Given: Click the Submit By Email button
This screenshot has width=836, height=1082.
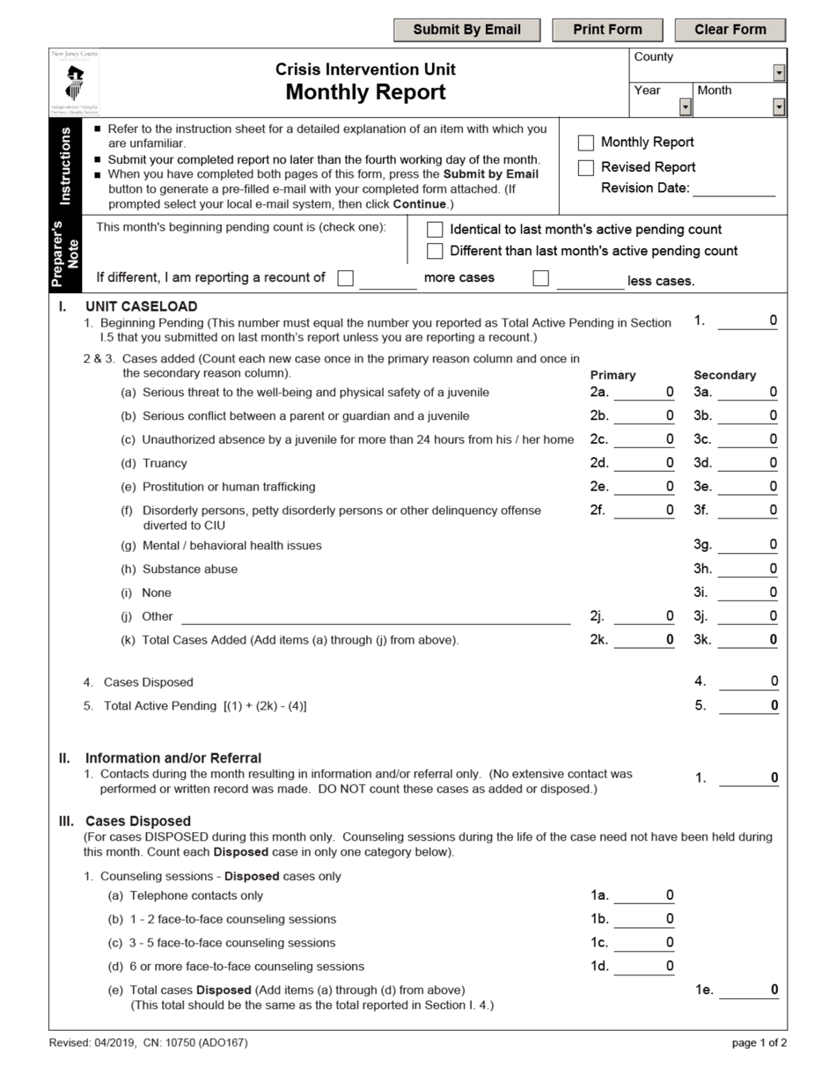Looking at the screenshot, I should coord(466,30).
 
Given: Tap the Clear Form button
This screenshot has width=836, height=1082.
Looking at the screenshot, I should coord(730,30).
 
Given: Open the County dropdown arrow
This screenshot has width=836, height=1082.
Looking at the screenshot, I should coord(779,73).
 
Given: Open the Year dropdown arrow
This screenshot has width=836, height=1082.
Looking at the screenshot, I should coord(686,107).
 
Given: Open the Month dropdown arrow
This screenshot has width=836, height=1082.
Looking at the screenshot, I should coord(779,107).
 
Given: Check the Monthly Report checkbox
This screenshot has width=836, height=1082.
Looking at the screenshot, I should coord(586,143).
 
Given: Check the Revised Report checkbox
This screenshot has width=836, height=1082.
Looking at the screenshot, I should coord(586,167).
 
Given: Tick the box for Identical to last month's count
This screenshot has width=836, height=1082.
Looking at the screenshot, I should coord(435,230).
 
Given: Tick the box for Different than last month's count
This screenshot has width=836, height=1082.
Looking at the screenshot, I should coord(435,251).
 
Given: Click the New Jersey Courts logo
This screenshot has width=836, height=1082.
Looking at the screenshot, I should coord(75,82).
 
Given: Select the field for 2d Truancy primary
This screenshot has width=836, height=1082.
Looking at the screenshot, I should coord(644,463).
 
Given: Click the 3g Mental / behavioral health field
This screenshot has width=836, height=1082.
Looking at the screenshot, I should coord(748,545).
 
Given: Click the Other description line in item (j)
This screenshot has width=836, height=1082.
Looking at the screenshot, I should coord(376,616).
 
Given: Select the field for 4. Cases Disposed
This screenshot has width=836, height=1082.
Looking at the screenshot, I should coord(748,681).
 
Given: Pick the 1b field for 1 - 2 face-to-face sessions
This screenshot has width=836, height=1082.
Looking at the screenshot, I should coord(644,919).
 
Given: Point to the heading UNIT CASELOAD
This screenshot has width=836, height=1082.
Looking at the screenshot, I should coord(141,306).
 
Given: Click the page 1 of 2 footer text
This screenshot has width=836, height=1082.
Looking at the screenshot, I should coord(759,1043).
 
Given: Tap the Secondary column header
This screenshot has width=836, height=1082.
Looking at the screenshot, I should coord(724,375).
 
